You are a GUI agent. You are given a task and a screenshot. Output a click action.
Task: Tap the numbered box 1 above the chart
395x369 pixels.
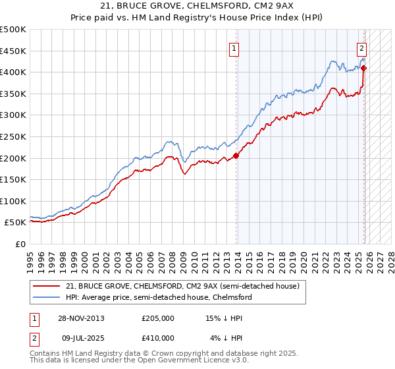[235, 47]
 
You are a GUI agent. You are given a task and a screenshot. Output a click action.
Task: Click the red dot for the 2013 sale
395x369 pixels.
[236, 156]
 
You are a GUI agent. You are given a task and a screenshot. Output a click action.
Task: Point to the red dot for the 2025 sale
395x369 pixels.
[364, 68]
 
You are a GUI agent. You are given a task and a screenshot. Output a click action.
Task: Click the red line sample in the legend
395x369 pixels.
[46, 287]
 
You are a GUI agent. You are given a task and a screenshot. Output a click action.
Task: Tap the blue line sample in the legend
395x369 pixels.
[46, 297]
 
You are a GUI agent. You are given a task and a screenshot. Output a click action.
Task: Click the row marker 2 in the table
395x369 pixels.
[34, 338]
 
